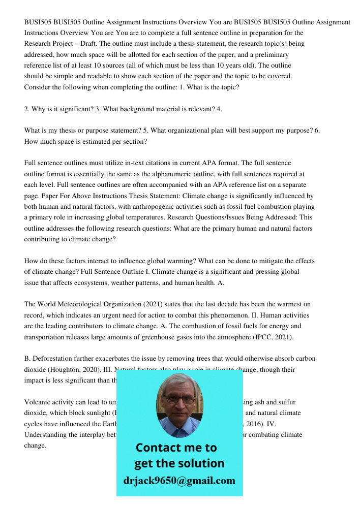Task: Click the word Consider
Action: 38,87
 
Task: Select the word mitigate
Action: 268,261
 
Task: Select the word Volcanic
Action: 37,402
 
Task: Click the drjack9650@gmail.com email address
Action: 179,481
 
